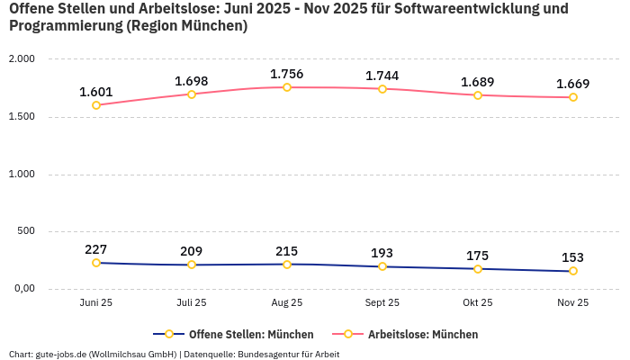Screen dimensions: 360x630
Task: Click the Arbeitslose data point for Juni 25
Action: [x=96, y=105]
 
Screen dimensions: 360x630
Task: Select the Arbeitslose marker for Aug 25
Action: [x=287, y=87]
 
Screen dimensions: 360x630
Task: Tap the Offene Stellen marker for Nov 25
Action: [x=572, y=271]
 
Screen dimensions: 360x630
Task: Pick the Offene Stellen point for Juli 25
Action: [x=192, y=265]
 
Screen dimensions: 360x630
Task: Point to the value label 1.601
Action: [x=95, y=92]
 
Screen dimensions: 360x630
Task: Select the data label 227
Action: [x=96, y=249]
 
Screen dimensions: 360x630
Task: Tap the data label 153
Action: [x=572, y=257]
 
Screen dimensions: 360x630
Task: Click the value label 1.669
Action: [x=572, y=84]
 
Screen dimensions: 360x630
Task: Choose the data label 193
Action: [x=382, y=252]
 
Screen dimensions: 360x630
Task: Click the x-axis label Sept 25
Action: [x=382, y=303]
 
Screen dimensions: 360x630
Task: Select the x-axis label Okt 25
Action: [x=477, y=303]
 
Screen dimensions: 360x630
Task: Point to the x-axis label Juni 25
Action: [x=96, y=303]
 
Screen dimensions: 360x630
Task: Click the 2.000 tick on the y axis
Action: [x=21, y=58]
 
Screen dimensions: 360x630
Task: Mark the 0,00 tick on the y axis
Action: [x=22, y=289]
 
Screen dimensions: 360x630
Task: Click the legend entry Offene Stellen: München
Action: [x=250, y=334]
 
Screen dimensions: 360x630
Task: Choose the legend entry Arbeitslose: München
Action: [x=422, y=334]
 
